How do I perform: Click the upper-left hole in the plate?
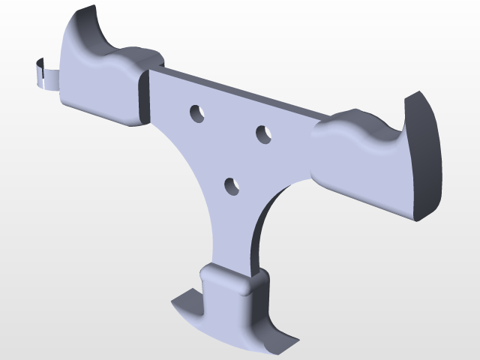(198, 113)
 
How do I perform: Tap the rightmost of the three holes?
(264, 134)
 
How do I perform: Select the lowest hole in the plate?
(232, 185)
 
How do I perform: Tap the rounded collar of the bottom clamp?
(225, 281)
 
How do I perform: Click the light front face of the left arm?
(97, 90)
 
